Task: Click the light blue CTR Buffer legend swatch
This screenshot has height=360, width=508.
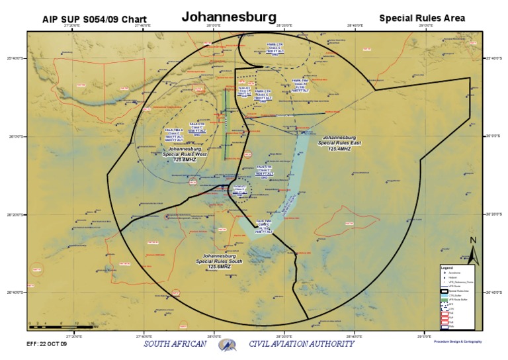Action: pos(445,296)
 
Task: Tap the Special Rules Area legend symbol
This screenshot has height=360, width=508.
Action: pos(445,291)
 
